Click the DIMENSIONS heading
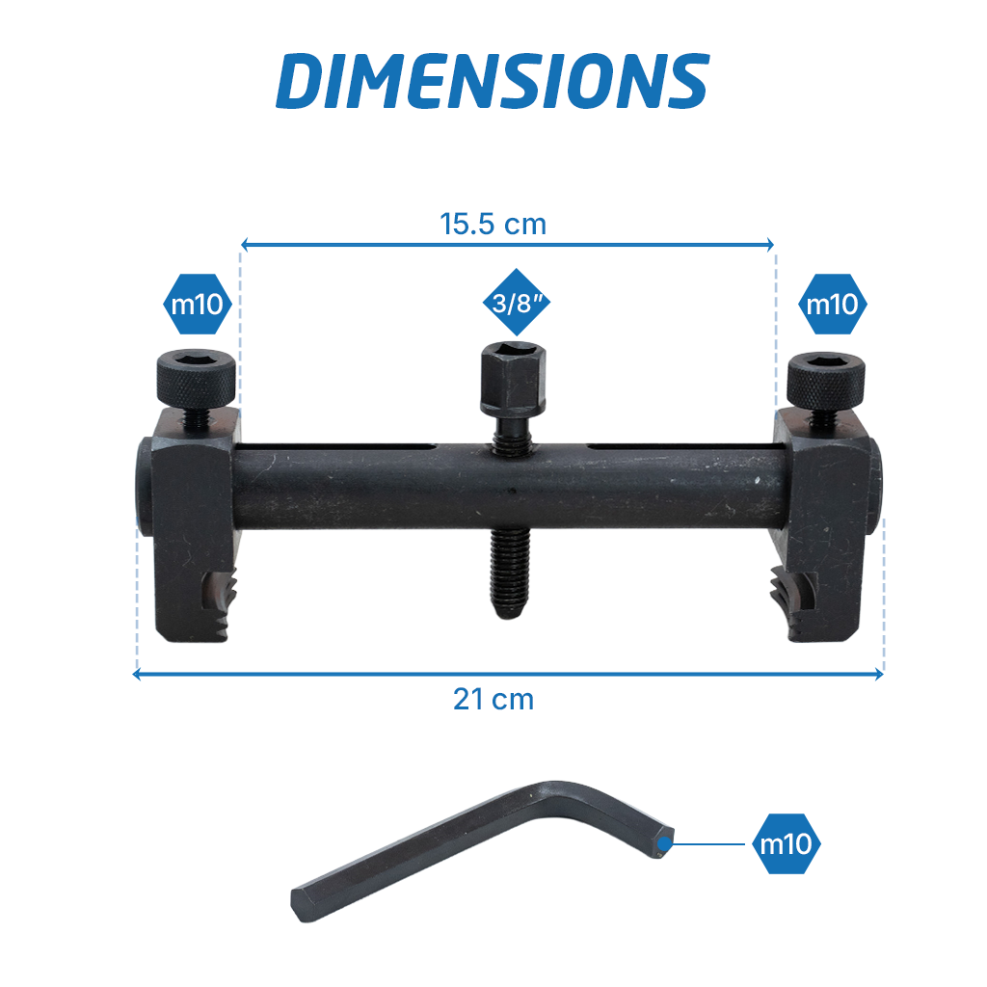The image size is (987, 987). (x=493, y=81)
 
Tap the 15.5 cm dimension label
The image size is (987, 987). (x=493, y=224)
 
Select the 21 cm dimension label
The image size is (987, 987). (x=493, y=700)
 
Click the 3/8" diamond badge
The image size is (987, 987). (x=517, y=302)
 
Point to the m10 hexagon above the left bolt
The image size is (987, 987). (x=198, y=304)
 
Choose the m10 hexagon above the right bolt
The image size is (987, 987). (x=832, y=304)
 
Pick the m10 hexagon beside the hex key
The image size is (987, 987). (x=787, y=843)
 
